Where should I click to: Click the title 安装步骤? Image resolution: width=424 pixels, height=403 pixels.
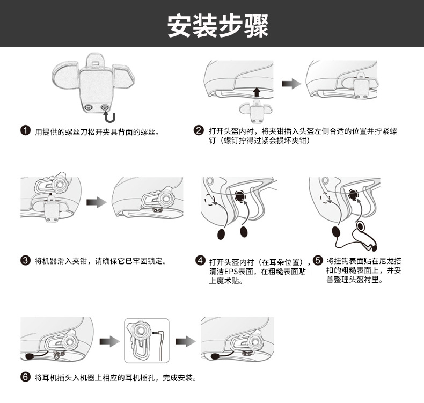[x=217, y=25]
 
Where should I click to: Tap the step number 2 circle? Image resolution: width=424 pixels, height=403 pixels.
[x=199, y=131]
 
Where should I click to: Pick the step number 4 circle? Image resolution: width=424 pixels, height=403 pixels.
[x=201, y=261]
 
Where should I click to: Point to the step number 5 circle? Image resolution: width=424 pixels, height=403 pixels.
[x=317, y=261]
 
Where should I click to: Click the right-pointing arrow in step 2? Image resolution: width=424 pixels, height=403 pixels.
[x=291, y=84]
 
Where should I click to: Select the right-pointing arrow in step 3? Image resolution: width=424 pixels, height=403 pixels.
[x=97, y=201]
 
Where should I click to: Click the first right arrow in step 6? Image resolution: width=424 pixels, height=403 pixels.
[x=109, y=341]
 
